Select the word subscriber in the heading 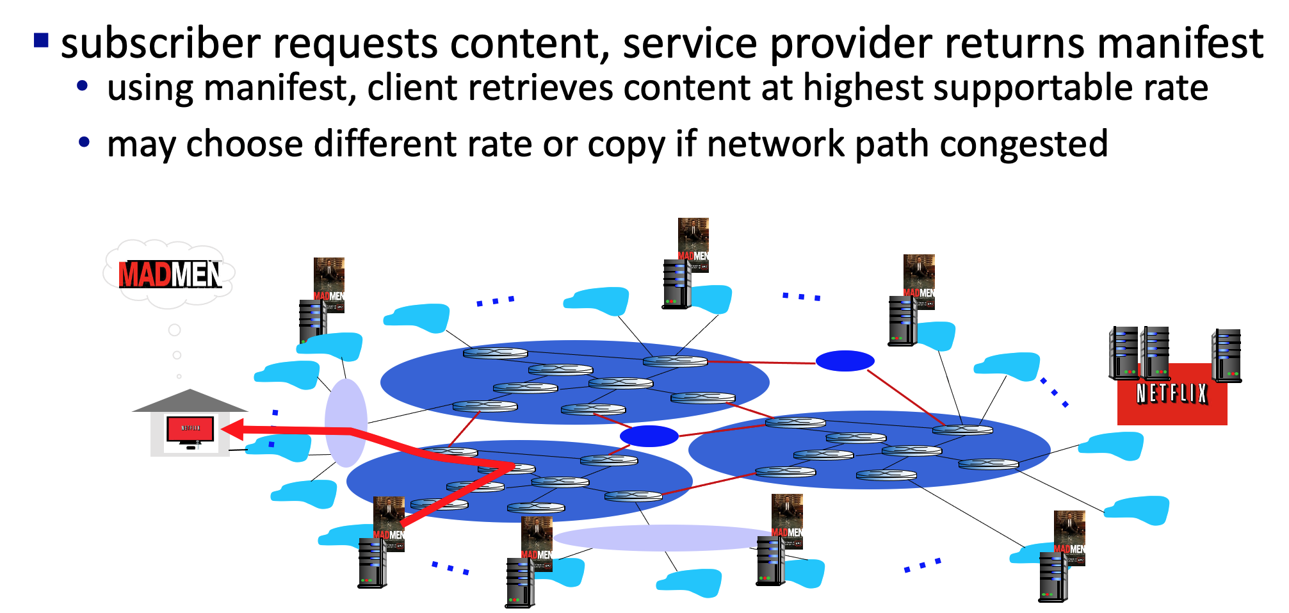[x=161, y=44]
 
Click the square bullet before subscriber [x=41, y=40]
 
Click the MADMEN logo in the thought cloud [x=170, y=274]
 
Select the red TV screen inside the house [x=190, y=429]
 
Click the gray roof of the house [x=190, y=401]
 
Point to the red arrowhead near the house [x=234, y=429]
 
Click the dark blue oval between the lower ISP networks [x=649, y=436]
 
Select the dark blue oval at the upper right [x=845, y=361]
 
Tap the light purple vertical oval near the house [x=346, y=423]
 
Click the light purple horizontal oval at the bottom [x=663, y=537]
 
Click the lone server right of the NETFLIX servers [x=1226, y=356]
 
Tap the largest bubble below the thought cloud [x=174, y=330]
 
